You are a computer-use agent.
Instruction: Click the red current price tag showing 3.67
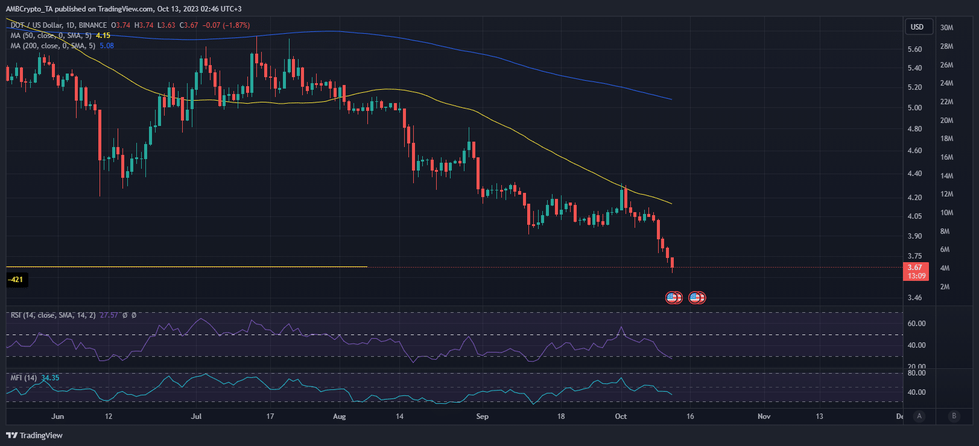[915, 268]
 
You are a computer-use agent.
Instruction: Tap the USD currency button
[917, 27]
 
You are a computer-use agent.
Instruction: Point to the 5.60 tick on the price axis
[914, 49]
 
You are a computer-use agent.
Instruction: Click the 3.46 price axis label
[914, 298]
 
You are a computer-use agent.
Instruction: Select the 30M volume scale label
[946, 28]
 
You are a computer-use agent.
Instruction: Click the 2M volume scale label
[945, 287]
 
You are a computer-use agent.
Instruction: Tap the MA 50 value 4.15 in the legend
[103, 36]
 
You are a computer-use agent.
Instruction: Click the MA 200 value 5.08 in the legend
[107, 46]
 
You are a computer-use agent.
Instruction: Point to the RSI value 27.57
[109, 315]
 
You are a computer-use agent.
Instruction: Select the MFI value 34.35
[50, 378]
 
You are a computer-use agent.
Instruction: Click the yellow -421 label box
[16, 280]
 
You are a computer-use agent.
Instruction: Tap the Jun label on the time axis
[57, 416]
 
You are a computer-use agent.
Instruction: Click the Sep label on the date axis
[482, 416]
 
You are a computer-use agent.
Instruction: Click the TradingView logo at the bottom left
[34, 435]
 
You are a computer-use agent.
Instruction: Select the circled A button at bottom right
[919, 416]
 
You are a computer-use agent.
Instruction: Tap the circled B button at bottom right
[954, 416]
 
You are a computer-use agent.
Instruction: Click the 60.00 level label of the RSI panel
[916, 324]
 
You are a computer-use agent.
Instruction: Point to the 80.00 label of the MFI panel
[916, 373]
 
